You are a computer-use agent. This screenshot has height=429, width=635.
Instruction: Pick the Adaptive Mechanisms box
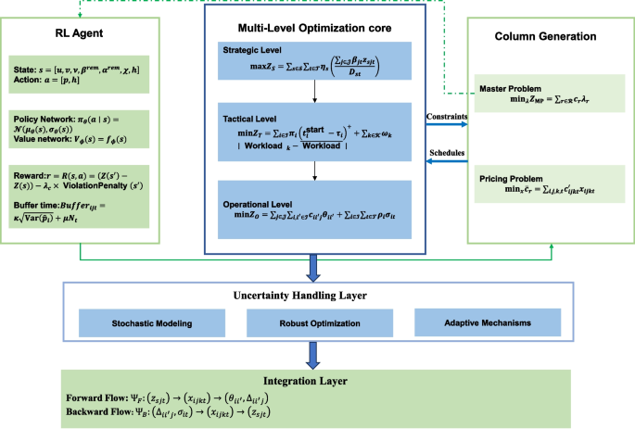tap(472, 325)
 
